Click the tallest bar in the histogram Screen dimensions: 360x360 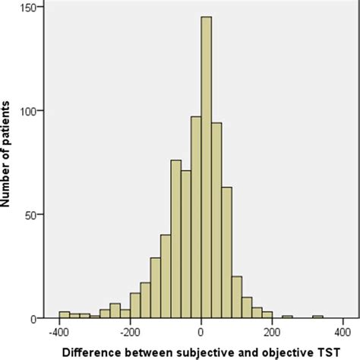[x=206, y=167]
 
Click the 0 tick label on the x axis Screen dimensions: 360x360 [x=201, y=332]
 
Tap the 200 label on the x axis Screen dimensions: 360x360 [x=271, y=332]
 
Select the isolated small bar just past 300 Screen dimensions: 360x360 [x=317, y=317]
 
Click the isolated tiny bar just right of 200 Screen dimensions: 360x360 [x=287, y=317]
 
